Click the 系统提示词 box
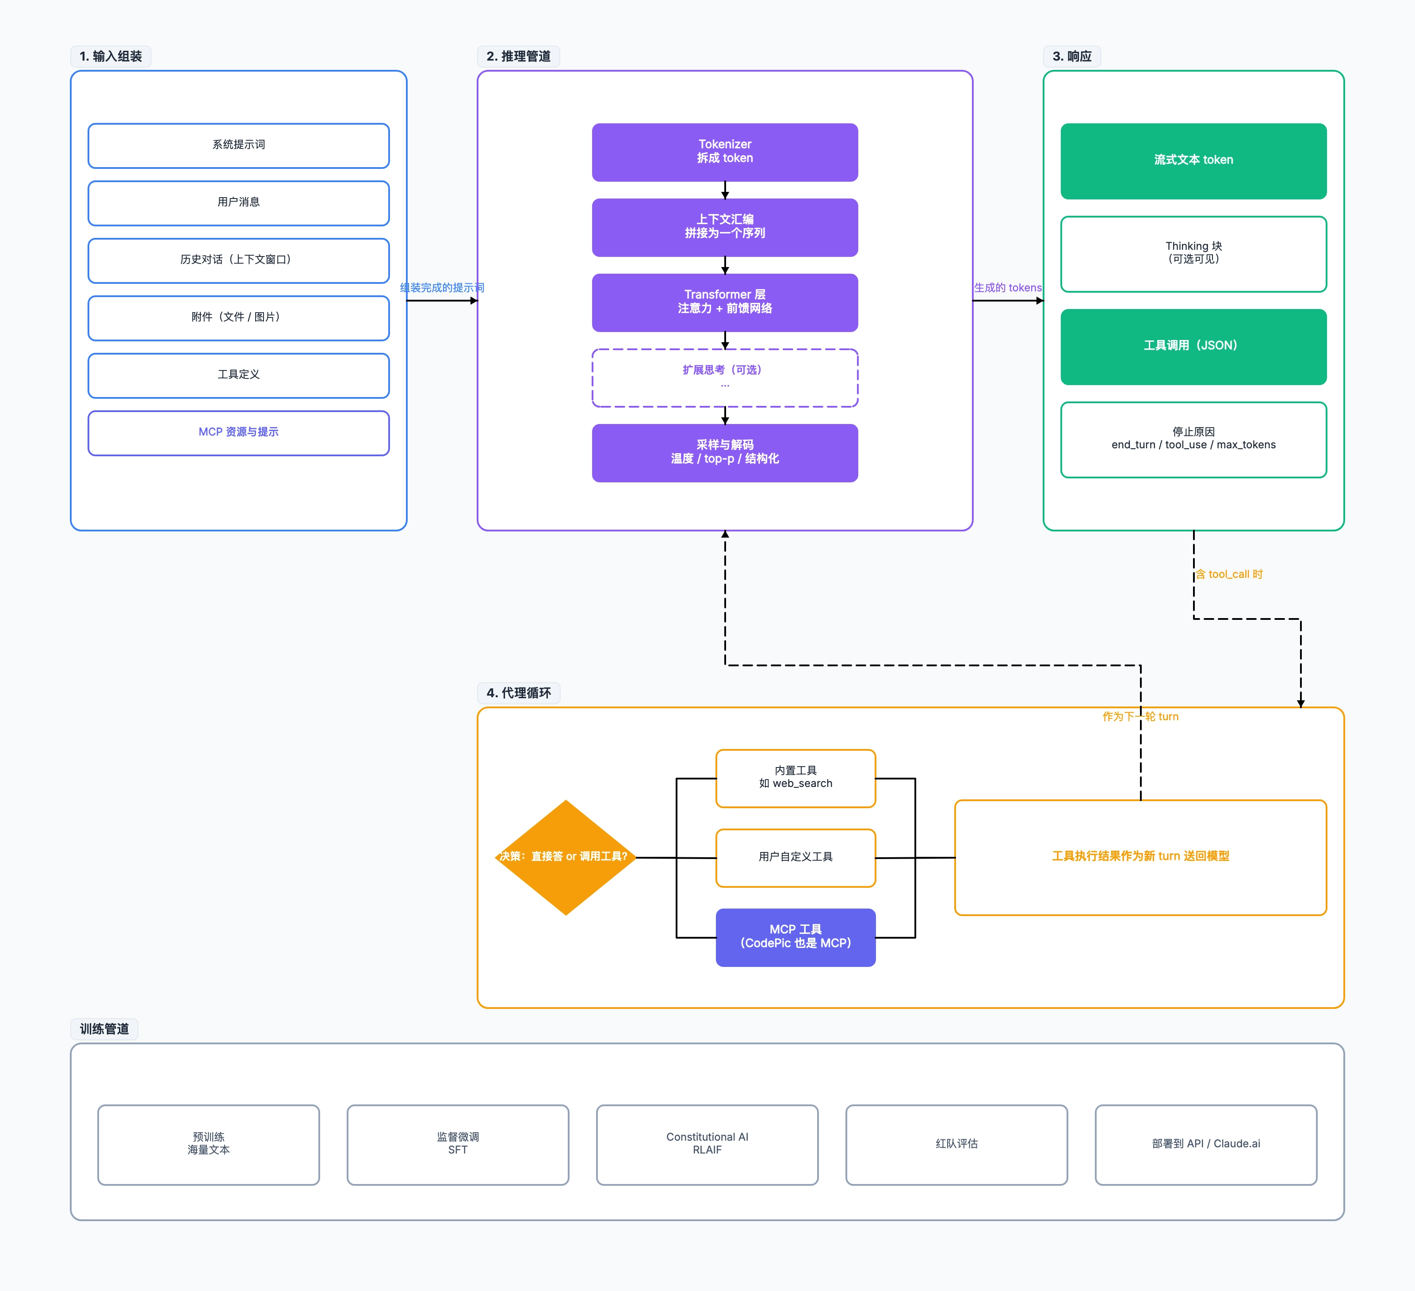tap(239, 145)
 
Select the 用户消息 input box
tap(239, 203)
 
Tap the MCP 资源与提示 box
tap(239, 433)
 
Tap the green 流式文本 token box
tap(1193, 160)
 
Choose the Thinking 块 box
tap(1193, 253)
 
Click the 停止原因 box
tap(1193, 439)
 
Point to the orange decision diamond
tap(566, 857)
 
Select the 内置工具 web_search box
tap(795, 778)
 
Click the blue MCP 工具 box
tap(795, 937)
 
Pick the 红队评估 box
tap(956, 1144)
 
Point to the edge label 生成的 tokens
tap(1007, 288)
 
